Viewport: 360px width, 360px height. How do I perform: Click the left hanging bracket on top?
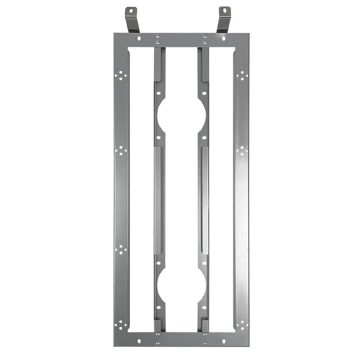[132, 20]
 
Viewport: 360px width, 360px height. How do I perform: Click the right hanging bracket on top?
[224, 20]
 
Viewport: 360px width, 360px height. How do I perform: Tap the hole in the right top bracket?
[223, 11]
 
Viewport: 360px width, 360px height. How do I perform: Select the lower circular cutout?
[181, 285]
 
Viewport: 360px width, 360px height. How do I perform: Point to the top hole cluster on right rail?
[242, 76]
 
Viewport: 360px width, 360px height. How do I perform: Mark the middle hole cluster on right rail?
[242, 151]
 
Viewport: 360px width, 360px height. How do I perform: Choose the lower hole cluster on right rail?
[242, 250]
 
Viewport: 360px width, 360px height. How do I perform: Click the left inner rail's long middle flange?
[158, 200]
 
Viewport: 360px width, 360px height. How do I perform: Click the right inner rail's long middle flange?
[204, 200]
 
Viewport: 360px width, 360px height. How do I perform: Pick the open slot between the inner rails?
[181, 200]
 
